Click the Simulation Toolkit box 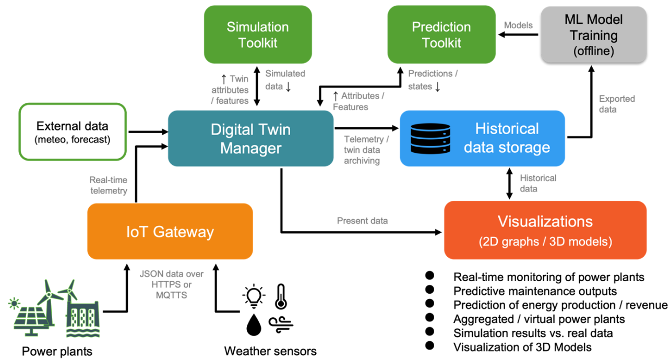(x=257, y=35)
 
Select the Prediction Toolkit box (x=441, y=35)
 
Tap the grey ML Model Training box (x=593, y=35)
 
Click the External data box (x=73, y=131)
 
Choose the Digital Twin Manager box (x=250, y=138)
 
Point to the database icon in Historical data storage (x=431, y=138)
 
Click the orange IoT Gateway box (x=170, y=231)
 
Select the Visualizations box (x=545, y=230)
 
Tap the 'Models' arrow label (x=518, y=25)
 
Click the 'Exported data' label (x=617, y=104)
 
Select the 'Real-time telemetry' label (x=109, y=185)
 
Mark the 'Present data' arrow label (x=362, y=221)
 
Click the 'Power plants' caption (x=57, y=351)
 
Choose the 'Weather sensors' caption (x=270, y=351)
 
